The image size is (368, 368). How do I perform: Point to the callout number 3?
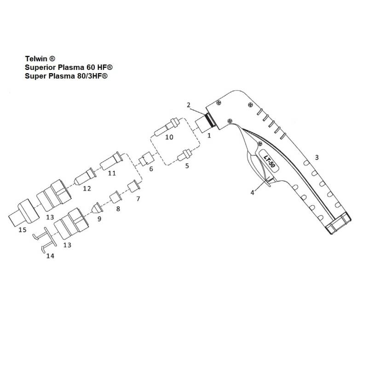click(316, 157)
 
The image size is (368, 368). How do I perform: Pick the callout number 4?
click(252, 193)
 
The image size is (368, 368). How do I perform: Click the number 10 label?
click(169, 138)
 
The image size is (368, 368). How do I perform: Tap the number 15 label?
click(22, 230)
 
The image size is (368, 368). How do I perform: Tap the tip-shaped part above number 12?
click(86, 175)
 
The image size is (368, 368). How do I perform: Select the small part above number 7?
click(133, 186)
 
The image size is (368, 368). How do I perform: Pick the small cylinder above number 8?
click(115, 199)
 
